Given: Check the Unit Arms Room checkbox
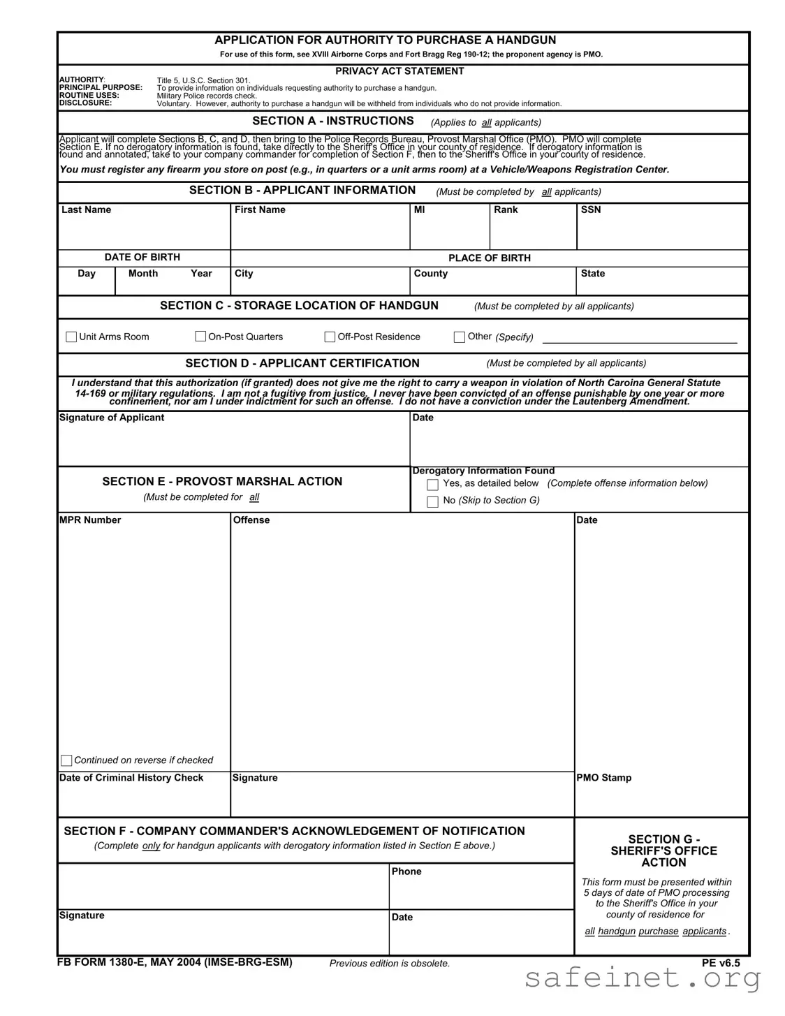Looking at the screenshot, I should tap(71, 337).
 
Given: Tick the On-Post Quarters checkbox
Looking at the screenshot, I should tap(200, 337).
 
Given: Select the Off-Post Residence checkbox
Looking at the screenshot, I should tap(330, 337).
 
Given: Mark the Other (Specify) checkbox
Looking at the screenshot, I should tap(460, 337).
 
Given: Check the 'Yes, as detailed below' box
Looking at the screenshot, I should tap(432, 485).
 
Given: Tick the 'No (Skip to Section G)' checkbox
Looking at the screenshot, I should tap(432, 501).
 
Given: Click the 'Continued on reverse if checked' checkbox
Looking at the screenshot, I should tap(66, 760).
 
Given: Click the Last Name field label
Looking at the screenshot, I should tap(86, 210).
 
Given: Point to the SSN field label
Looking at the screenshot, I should tap(590, 210).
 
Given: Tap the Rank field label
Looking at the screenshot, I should tap(506, 210).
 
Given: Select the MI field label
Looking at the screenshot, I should tap(419, 210).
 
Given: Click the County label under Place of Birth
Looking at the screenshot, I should tap(430, 274).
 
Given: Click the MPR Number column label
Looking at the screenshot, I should tap(90, 520).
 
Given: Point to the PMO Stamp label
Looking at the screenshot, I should tap(603, 778).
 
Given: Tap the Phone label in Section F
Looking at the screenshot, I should tap(406, 871).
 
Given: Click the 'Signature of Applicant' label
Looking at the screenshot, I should tap(112, 418).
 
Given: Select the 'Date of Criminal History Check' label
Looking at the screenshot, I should tap(131, 778).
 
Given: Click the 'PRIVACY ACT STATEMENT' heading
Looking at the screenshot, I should tap(399, 71).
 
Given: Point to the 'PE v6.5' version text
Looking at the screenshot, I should tap(721, 963).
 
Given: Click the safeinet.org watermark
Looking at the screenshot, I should tap(642, 978).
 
